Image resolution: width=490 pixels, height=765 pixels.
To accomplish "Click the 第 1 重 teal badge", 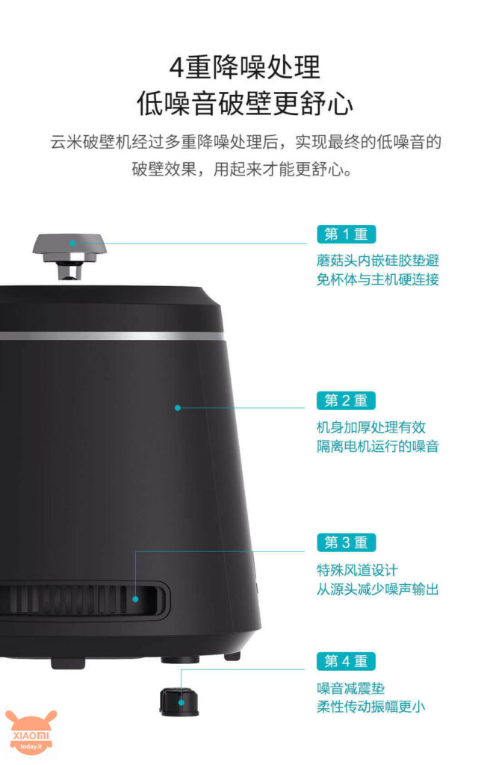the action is point(346,234).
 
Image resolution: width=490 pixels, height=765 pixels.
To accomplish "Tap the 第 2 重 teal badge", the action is point(346,400).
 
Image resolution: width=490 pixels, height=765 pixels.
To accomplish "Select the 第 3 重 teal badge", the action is point(346,542).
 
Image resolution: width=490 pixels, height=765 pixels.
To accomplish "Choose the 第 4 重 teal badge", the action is point(346,661).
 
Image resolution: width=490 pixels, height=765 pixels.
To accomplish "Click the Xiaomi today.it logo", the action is point(31,732).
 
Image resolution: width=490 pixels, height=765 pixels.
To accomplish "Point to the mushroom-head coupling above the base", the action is point(69,256).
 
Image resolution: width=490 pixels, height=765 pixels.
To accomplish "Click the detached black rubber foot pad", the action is point(179,701).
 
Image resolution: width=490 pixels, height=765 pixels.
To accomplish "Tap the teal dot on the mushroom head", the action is point(72,243).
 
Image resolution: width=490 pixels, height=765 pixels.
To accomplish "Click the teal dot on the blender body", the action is point(178,407).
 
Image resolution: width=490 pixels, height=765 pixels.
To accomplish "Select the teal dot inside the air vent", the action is point(136,599).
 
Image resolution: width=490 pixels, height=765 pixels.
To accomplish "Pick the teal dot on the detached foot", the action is point(181,702).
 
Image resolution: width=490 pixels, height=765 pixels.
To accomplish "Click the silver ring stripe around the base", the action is point(112,336).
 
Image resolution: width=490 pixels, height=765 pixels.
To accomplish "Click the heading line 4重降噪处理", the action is point(245,67).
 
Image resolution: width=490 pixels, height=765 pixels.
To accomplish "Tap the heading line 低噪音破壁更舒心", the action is point(245,103).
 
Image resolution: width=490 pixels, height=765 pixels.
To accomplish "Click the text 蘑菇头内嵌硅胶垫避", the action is point(378,261).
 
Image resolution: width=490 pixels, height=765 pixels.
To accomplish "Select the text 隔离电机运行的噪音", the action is point(378,446).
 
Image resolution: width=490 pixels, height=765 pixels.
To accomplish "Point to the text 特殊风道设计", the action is point(357,570).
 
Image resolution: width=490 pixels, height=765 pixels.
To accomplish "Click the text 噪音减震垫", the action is point(351,688).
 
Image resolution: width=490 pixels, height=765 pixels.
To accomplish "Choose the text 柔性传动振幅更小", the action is point(371,707).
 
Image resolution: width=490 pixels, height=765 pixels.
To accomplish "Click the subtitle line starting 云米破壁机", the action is point(246,142).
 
